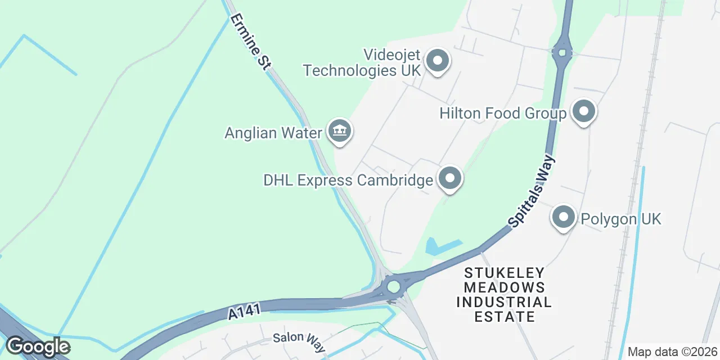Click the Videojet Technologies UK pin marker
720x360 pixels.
click(x=437, y=60)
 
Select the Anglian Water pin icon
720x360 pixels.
click(x=339, y=132)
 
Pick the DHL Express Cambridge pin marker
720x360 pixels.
click(x=449, y=179)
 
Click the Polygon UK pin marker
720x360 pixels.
click(x=563, y=217)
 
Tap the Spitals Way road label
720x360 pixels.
click(x=532, y=192)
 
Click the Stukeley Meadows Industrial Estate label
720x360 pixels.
click(x=504, y=295)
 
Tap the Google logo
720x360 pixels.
click(x=38, y=346)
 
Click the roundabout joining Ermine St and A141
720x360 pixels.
click(x=393, y=287)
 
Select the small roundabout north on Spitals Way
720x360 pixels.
click(x=562, y=52)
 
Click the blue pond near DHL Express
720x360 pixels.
click(x=441, y=246)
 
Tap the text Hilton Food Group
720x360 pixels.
click(x=503, y=114)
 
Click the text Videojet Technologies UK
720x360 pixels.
click(x=362, y=62)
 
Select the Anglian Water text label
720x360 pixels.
click(x=273, y=133)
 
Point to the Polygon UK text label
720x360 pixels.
click(x=620, y=218)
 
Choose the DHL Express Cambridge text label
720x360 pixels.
click(x=348, y=180)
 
